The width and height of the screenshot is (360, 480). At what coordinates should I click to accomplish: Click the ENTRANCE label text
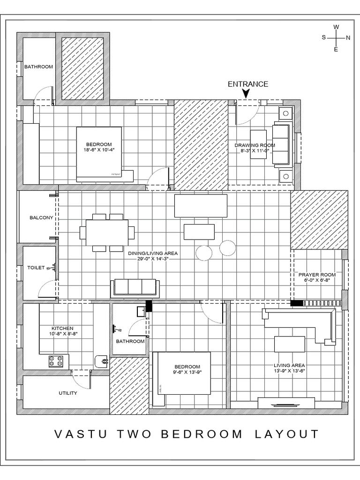(247, 84)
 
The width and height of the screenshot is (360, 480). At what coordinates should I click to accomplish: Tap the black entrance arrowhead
(246, 95)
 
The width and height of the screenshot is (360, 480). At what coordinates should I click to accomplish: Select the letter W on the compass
(336, 27)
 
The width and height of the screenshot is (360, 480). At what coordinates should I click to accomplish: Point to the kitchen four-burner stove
(56, 361)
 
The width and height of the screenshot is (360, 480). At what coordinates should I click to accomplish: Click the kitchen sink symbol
(102, 361)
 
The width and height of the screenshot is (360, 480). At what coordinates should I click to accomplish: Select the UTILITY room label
(68, 393)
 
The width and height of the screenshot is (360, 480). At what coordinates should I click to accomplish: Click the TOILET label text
(36, 268)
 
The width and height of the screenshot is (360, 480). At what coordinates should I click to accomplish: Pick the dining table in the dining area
(107, 232)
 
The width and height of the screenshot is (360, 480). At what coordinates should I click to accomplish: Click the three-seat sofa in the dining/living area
(135, 288)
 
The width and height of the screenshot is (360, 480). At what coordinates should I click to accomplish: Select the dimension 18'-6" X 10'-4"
(98, 150)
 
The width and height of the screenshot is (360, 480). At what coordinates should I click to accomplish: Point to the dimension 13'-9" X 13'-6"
(290, 371)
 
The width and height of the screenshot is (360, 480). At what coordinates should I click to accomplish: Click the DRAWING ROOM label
(255, 145)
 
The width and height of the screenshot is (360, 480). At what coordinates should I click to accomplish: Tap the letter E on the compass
(336, 49)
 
